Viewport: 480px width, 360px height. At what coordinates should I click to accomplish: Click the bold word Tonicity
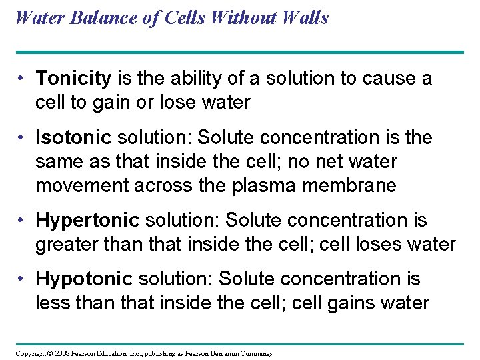73,79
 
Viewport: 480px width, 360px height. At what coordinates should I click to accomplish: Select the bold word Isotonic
73,138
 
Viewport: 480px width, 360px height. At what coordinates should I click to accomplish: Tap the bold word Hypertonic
86,221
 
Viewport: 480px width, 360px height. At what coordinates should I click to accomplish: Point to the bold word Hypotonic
83,279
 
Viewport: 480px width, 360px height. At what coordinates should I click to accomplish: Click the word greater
67,245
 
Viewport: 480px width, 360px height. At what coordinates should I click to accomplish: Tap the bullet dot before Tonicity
23,79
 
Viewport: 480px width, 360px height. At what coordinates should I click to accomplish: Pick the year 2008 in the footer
63,353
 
